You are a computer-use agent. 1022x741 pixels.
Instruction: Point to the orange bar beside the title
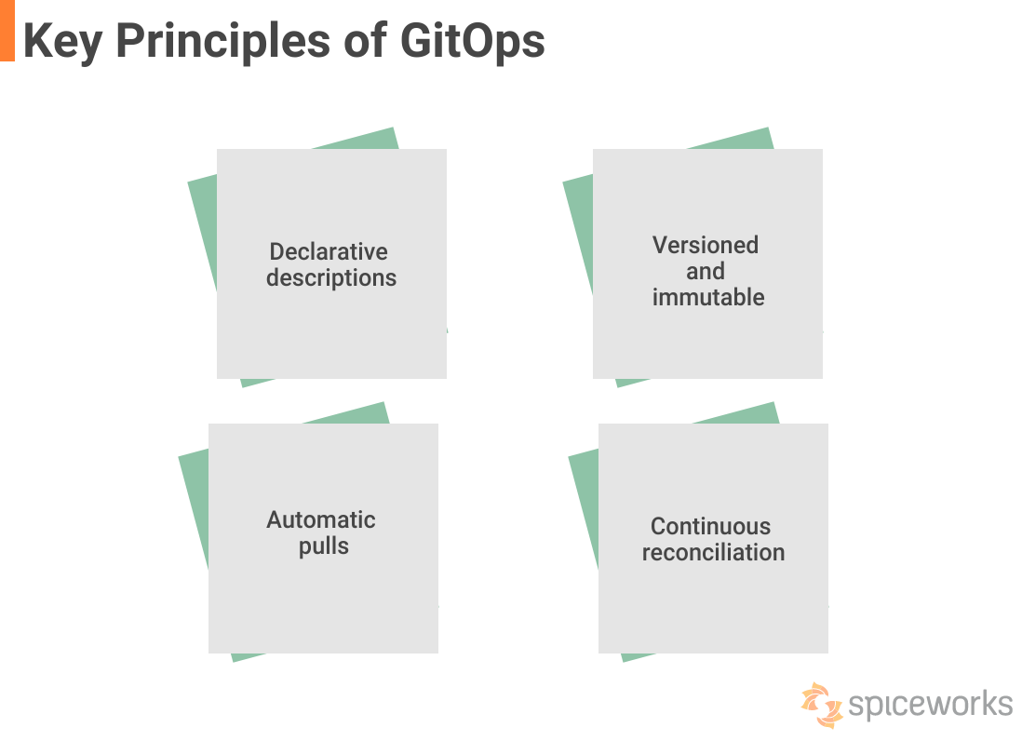7,31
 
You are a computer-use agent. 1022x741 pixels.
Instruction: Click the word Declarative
329,251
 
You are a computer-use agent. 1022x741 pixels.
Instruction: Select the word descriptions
331,278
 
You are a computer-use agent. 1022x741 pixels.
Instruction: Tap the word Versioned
706,245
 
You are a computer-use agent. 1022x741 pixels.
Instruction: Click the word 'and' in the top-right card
706,271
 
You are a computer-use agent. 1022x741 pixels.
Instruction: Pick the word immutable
707,297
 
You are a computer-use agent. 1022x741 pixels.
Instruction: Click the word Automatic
321,519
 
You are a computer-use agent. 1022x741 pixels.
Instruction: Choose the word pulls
323,546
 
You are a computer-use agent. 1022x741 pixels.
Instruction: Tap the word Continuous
710,526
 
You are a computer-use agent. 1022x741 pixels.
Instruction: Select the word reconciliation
713,553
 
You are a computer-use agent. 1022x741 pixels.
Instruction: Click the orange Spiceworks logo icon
822,705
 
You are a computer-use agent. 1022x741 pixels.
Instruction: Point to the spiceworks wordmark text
931,705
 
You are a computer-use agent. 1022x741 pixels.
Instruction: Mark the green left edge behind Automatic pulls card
194,508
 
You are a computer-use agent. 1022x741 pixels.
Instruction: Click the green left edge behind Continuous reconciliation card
584,508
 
